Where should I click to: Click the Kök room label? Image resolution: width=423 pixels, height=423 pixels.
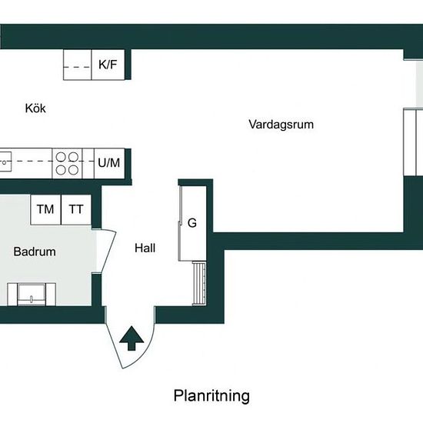35,108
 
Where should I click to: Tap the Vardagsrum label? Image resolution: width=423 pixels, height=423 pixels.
281,125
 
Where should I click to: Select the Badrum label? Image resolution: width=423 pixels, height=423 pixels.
35,251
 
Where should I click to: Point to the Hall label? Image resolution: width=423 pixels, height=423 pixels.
145,248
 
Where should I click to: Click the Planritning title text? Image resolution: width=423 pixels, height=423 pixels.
211,396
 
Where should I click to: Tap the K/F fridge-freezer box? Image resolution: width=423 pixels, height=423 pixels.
108,65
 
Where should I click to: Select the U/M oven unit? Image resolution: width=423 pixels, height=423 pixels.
109,163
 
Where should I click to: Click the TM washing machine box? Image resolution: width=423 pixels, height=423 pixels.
45,210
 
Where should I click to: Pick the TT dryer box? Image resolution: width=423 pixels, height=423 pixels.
76,210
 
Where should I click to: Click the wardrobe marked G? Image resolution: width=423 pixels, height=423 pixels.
192,223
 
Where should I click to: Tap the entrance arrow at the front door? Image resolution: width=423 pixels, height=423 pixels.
132,338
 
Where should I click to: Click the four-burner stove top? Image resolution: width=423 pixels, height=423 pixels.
67,163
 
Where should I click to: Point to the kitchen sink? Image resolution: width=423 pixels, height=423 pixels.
5,162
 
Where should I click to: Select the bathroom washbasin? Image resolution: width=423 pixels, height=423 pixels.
32,295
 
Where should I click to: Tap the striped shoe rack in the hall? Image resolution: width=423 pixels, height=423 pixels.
199,283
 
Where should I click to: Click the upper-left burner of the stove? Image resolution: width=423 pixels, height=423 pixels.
61,157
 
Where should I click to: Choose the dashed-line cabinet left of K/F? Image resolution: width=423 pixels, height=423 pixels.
78,65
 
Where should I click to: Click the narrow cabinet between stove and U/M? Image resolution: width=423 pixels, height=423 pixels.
88,163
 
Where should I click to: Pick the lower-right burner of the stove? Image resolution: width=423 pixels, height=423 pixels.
73,170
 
